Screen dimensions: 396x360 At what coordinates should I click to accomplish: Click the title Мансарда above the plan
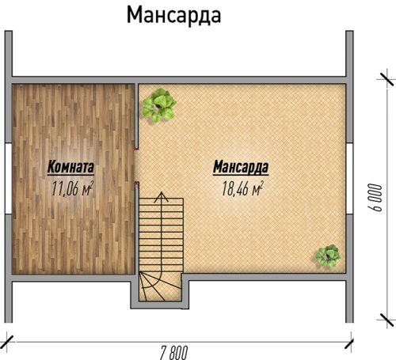(x=173, y=15)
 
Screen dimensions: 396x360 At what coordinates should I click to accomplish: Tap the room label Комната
(x=70, y=167)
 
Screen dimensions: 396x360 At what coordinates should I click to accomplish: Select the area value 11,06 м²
(x=72, y=188)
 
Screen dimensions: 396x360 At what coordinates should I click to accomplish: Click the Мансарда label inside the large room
(x=241, y=167)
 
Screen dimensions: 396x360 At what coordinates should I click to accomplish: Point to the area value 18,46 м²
(x=242, y=188)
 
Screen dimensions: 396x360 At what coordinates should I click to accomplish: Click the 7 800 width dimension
(x=173, y=352)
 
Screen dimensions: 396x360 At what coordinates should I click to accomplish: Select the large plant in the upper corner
(x=159, y=105)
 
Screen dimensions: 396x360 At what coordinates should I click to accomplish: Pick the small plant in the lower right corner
(x=328, y=256)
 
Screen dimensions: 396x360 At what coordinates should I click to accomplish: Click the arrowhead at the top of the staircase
(x=161, y=197)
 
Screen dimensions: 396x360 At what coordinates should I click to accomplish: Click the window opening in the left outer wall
(x=9, y=179)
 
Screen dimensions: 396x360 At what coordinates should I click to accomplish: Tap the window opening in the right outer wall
(x=349, y=179)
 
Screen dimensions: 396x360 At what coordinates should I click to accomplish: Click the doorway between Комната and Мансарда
(x=137, y=165)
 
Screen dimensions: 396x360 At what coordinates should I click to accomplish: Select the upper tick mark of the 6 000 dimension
(x=386, y=78)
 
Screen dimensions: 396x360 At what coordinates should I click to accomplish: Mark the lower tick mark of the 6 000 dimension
(x=387, y=320)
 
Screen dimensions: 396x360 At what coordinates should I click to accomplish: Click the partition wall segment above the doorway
(x=137, y=116)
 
